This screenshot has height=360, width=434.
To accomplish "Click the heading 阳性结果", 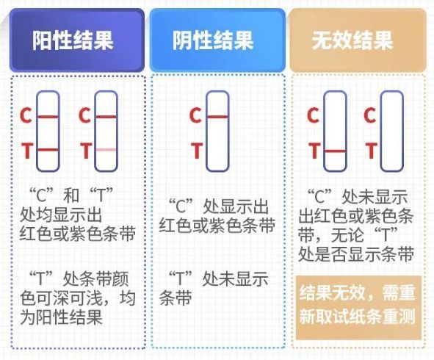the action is coord(73,40).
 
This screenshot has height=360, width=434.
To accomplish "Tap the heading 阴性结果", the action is coord(213,40).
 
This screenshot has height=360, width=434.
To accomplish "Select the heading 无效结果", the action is coord(352,40).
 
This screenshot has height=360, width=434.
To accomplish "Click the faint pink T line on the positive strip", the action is coord(106,150).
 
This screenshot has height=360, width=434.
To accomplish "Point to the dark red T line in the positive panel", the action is coord(48,150).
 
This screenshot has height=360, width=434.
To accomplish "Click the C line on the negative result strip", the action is coord(217,117).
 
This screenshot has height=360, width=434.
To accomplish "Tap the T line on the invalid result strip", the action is coord(335,151).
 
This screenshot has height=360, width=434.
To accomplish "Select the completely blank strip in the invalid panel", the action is coord(391,132).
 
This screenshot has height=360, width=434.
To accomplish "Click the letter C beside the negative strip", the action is coord(195,115).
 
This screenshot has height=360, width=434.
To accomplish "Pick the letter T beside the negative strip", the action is coord(197,151).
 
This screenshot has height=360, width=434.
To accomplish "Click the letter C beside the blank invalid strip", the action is coord(370,115).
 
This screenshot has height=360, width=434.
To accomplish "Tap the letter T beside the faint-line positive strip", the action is coord(86,151).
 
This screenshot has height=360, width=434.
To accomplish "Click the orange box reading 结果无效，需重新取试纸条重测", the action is coord(358,307).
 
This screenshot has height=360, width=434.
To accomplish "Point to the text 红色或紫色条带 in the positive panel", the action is coord(78,234).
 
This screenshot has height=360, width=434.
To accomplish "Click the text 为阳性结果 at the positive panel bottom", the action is coord(62,317).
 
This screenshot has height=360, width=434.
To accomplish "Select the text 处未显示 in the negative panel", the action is coord(235,279).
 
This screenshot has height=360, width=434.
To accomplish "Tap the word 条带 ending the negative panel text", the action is coord(176,298).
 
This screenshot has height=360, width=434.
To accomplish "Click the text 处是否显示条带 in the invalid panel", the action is coord(356,254).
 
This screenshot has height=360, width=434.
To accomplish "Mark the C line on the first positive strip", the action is coord(48,117).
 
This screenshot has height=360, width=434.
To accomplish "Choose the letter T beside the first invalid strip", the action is coord(314,151).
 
